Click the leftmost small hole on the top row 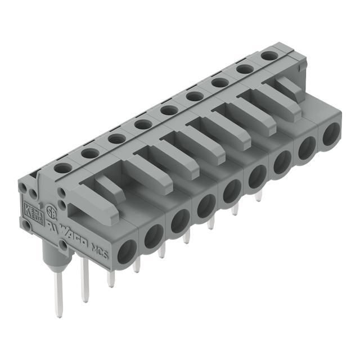(63, 168)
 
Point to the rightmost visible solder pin (258, 196)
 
